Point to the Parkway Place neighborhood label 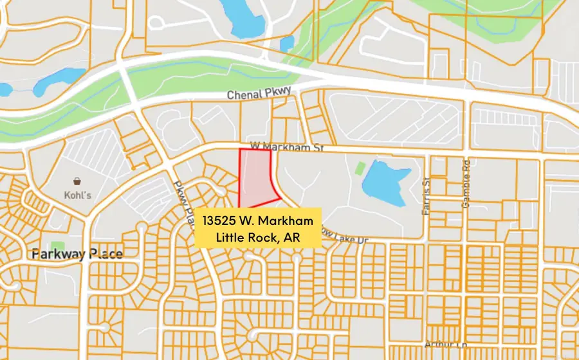[x=77, y=255]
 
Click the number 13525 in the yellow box [x=219, y=221]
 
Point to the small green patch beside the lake [x=360, y=169]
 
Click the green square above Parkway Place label [x=57, y=247]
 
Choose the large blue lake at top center [x=243, y=18]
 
